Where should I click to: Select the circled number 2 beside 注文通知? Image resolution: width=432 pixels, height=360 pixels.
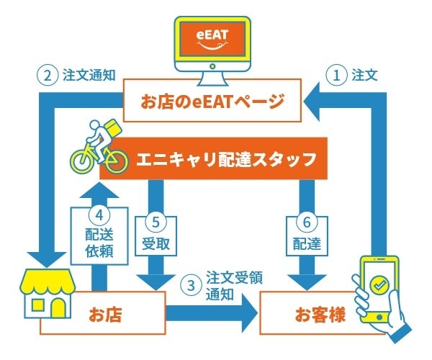[47, 75]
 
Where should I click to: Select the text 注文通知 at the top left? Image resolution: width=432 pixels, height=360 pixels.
[89, 75]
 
